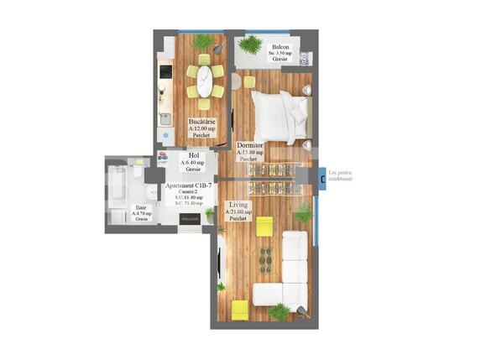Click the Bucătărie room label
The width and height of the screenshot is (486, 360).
coord(201,122)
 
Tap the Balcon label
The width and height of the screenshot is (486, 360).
coord(280,48)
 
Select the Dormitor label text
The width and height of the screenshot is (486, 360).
coord(249,145)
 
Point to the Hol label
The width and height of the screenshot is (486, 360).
coord(193,155)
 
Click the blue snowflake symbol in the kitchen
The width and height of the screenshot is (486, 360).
coord(165,135)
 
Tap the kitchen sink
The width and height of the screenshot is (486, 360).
coord(165,117)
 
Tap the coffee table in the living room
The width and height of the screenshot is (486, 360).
coord(267,255)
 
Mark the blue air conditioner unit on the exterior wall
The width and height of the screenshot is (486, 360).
coord(323,175)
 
